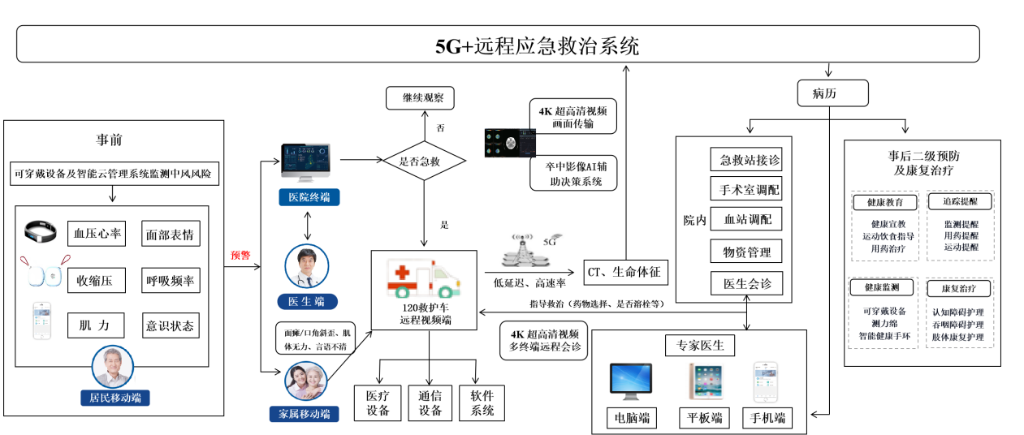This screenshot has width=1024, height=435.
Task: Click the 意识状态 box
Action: [171, 326]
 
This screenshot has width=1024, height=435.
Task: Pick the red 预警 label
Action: [240, 255]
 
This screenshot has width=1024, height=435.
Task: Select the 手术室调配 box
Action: [745, 189]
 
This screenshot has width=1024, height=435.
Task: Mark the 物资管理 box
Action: [745, 252]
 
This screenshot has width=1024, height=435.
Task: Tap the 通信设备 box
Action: [430, 403]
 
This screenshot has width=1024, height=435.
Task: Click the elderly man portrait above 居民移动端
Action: [113, 367]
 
